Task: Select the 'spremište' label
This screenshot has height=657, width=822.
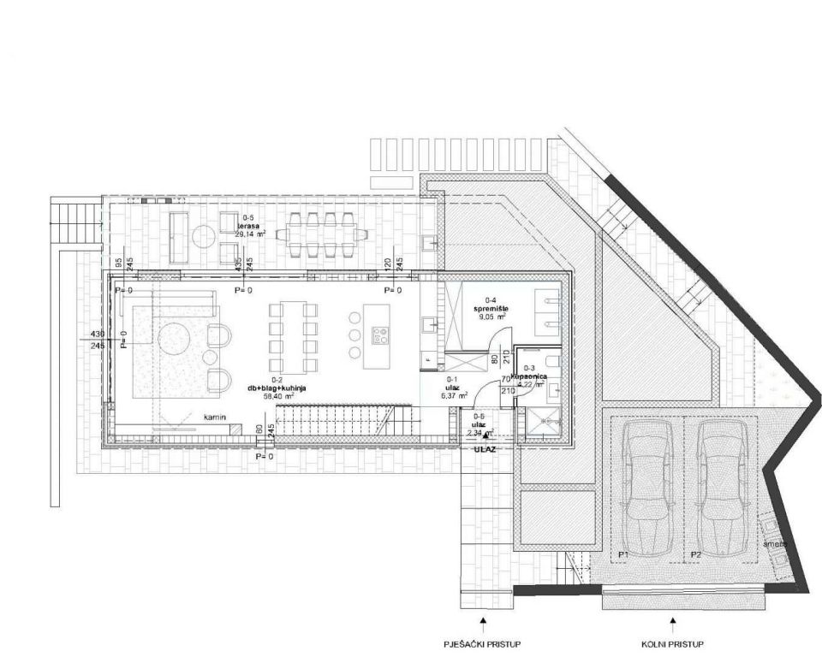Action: tap(491, 307)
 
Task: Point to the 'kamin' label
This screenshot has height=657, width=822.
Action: tap(213, 417)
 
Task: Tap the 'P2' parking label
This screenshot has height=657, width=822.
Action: tap(696, 555)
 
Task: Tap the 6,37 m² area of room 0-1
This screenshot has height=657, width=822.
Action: tap(450, 396)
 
